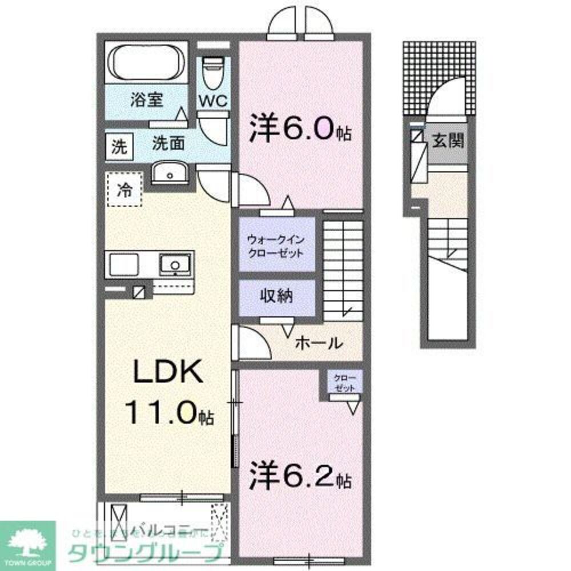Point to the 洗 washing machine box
point(118,147)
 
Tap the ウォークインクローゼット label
point(275,246)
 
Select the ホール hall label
point(319,343)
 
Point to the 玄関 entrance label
point(447,141)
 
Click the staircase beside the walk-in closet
point(343,268)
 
